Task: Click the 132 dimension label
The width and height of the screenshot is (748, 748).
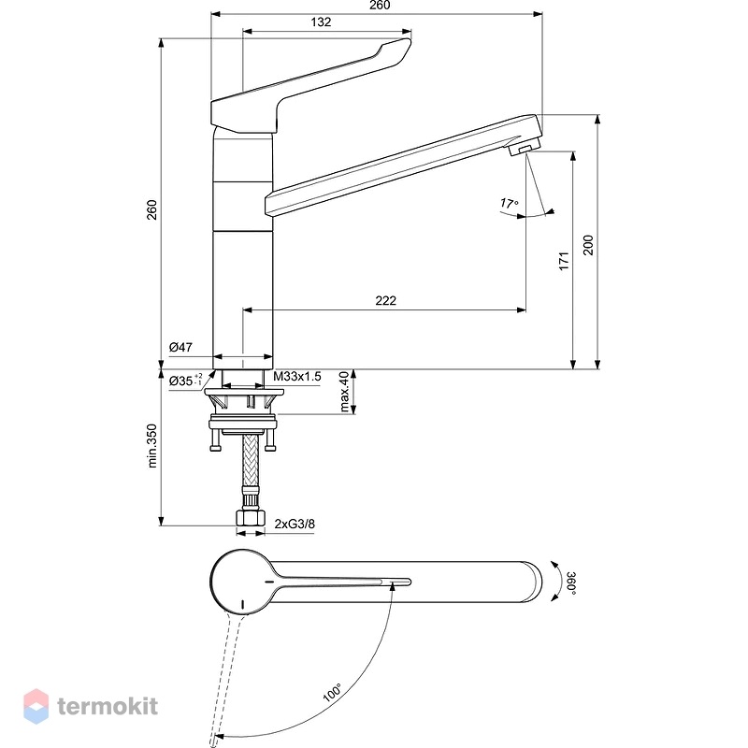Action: click(321, 22)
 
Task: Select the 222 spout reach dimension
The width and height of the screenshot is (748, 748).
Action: click(385, 300)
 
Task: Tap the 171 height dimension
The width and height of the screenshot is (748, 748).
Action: click(564, 261)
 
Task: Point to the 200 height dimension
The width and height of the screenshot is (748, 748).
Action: click(588, 245)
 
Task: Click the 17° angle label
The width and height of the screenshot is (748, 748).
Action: click(509, 204)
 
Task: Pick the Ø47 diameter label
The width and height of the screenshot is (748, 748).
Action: click(180, 347)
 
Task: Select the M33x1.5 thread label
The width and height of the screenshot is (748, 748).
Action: click(297, 377)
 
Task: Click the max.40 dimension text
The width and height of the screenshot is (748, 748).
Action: click(344, 392)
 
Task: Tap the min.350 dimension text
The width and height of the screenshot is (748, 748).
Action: click(151, 446)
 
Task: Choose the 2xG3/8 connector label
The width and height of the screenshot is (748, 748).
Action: click(295, 524)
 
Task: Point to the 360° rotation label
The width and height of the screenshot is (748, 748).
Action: click(571, 583)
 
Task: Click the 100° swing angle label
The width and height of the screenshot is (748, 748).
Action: click(333, 692)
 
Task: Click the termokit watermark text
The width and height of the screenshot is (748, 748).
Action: click(108, 706)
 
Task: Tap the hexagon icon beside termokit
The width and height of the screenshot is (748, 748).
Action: click(36, 706)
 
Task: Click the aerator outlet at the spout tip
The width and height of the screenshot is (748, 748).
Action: click(523, 150)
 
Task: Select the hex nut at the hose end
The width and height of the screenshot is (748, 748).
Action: click(251, 518)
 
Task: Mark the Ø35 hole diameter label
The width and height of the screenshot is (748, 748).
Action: click(185, 381)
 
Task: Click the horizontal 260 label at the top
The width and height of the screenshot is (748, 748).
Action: click(380, 5)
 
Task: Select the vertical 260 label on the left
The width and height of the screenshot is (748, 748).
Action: click(151, 209)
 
